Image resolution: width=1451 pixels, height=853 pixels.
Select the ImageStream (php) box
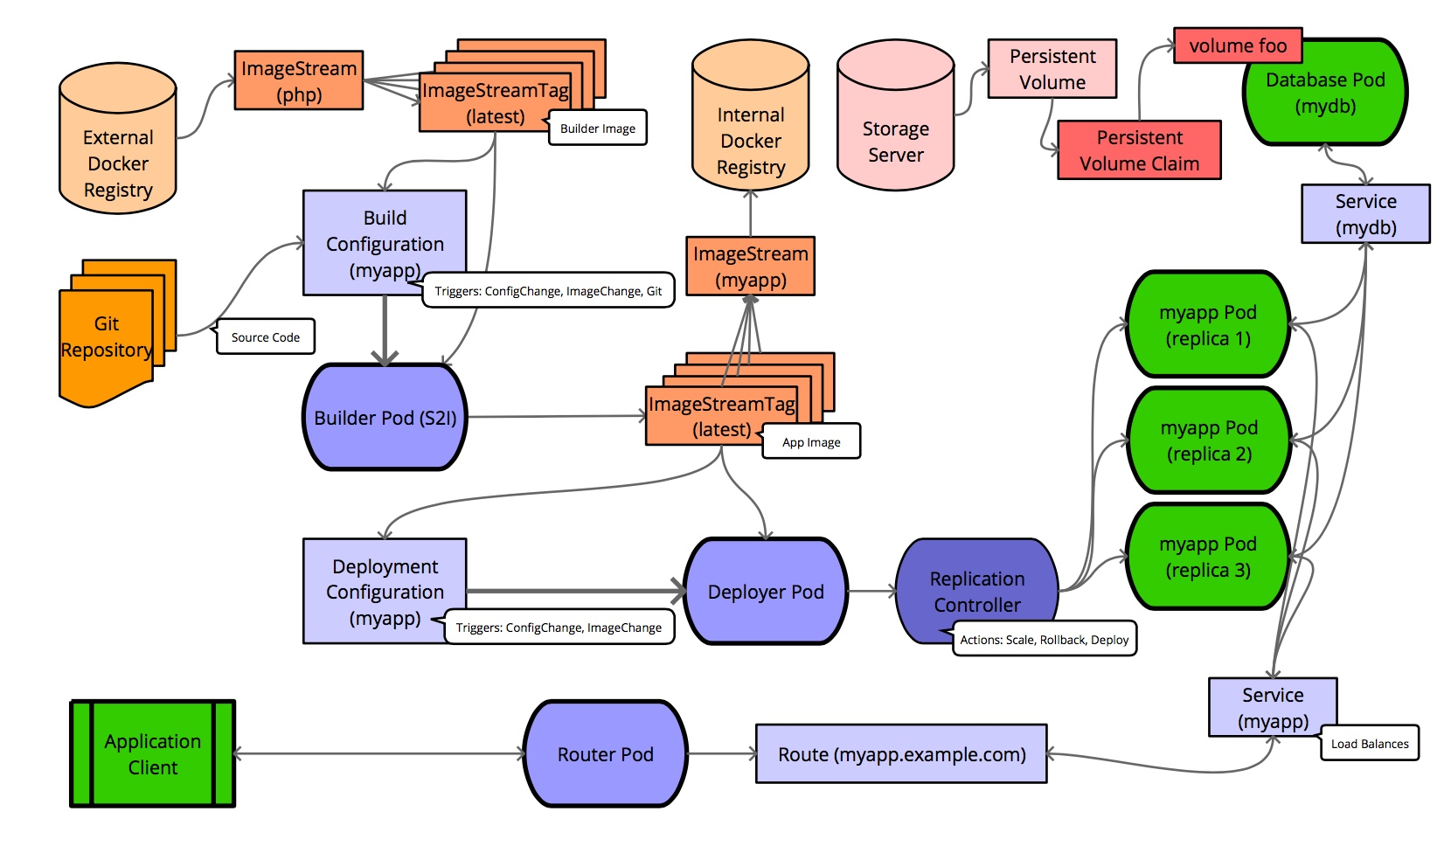pyautogui.click(x=299, y=80)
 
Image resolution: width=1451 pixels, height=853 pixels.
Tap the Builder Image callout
pyautogui.click(x=598, y=128)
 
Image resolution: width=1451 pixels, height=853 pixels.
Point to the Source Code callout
pyautogui.click(x=266, y=336)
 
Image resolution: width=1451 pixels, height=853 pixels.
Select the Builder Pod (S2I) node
pyautogui.click(x=385, y=418)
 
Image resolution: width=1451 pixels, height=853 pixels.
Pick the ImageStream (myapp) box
pyautogui.click(x=750, y=266)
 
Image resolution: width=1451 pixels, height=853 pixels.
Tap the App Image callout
pyautogui.click(x=811, y=441)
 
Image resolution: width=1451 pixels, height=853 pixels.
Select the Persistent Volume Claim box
pyautogui.click(x=1139, y=150)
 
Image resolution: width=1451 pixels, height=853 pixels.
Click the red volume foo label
pyautogui.click(x=1238, y=45)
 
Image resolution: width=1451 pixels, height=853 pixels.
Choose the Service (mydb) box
pyautogui.click(x=1365, y=213)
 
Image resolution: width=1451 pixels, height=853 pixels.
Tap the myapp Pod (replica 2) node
pyautogui.click(x=1209, y=440)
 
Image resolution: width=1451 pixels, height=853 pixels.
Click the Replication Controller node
pyautogui.click(x=976, y=591)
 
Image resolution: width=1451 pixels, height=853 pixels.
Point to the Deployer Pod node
pyautogui.click(x=765, y=592)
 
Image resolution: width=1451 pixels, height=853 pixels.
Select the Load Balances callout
pyautogui.click(x=1370, y=743)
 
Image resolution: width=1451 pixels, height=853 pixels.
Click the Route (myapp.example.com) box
pyautogui.click(x=901, y=753)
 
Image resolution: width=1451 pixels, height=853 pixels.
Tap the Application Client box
pyautogui.click(x=153, y=753)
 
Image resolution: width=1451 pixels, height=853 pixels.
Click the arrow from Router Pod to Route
pyautogui.click(x=721, y=753)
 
